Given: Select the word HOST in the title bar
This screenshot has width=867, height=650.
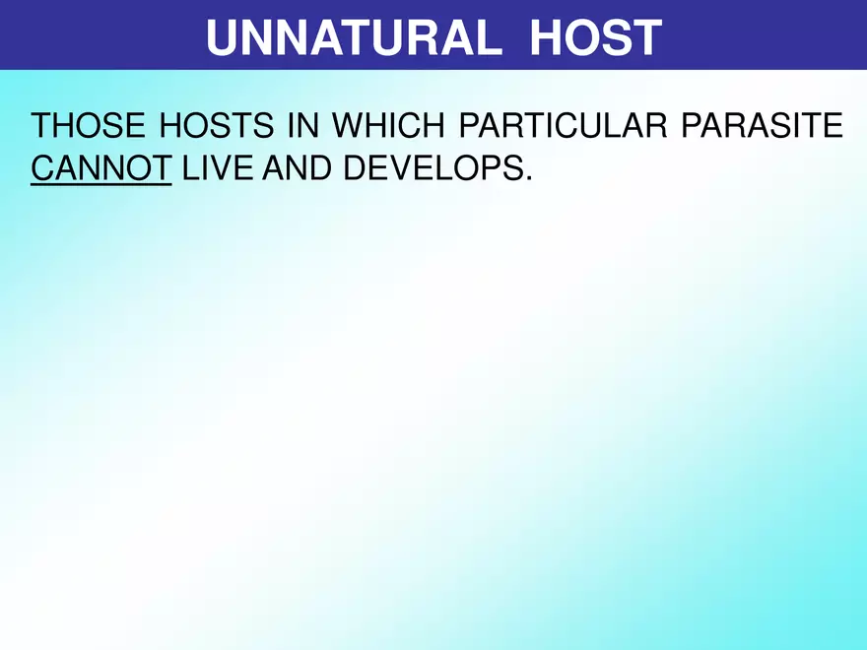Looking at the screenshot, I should (594, 37).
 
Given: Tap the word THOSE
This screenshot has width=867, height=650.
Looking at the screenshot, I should (82, 127).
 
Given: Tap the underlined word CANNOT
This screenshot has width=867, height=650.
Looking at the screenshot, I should (101, 168).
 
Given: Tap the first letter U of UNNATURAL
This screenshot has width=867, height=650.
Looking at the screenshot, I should (222, 37).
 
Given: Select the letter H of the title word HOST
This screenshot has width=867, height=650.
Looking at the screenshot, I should (545, 37).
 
